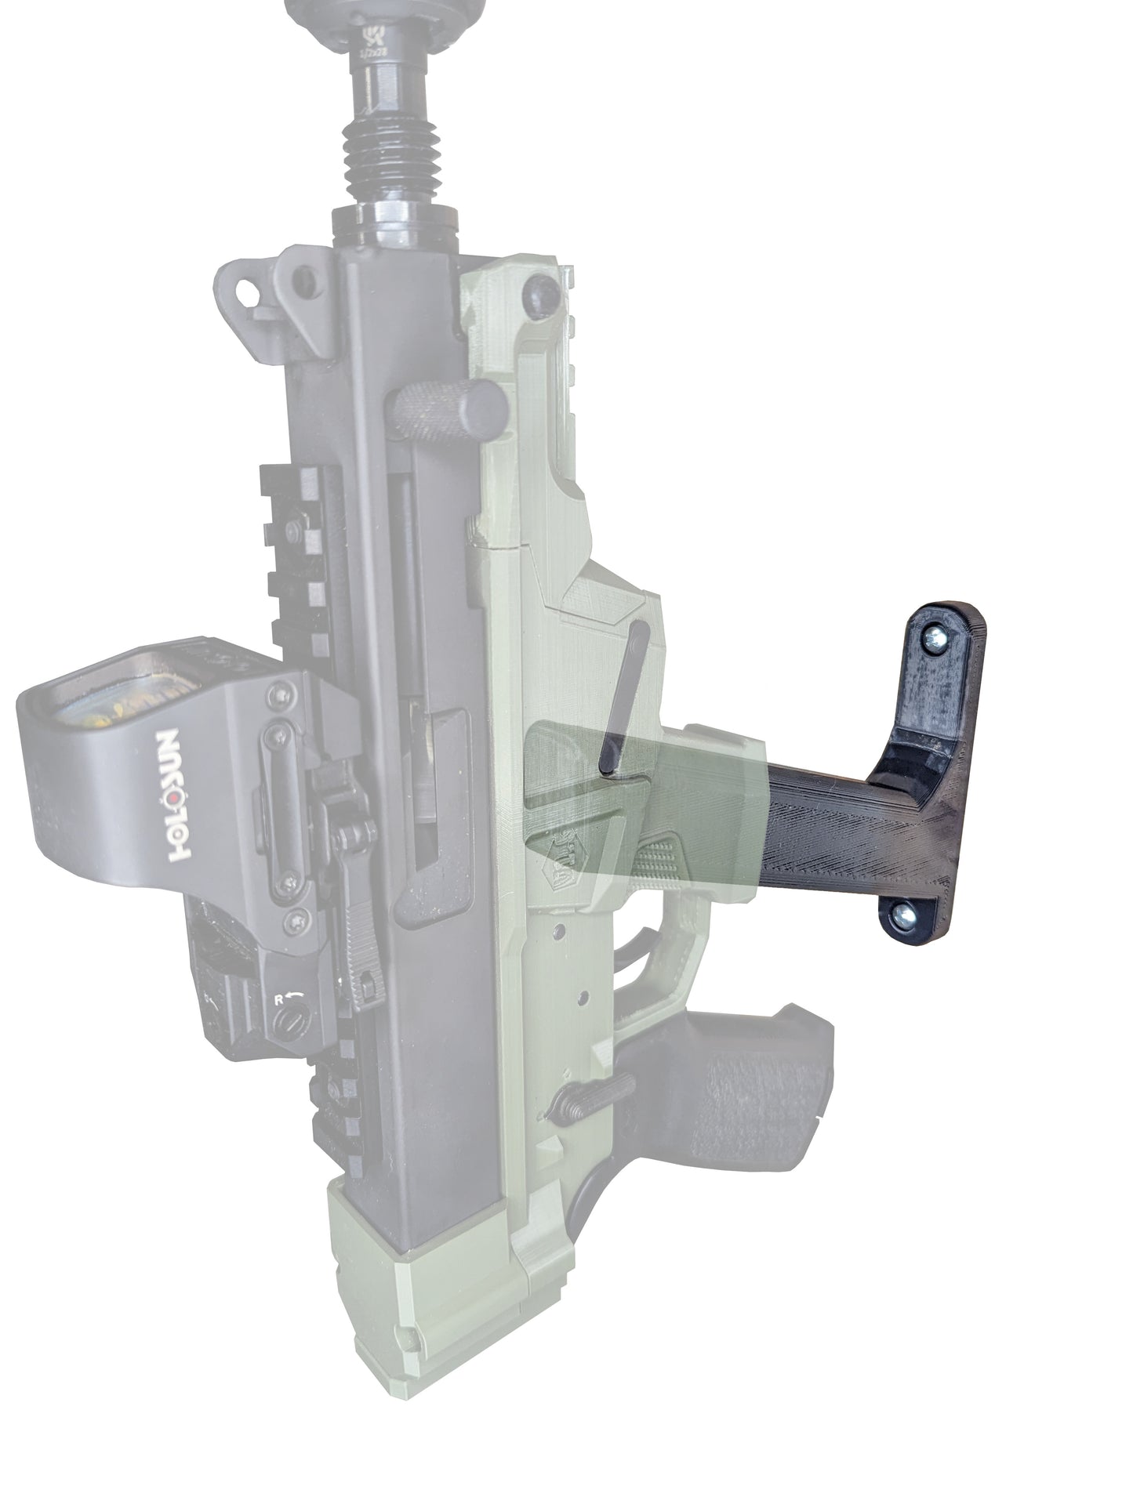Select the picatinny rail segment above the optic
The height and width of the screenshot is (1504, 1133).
pyautogui.click(x=302, y=549)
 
